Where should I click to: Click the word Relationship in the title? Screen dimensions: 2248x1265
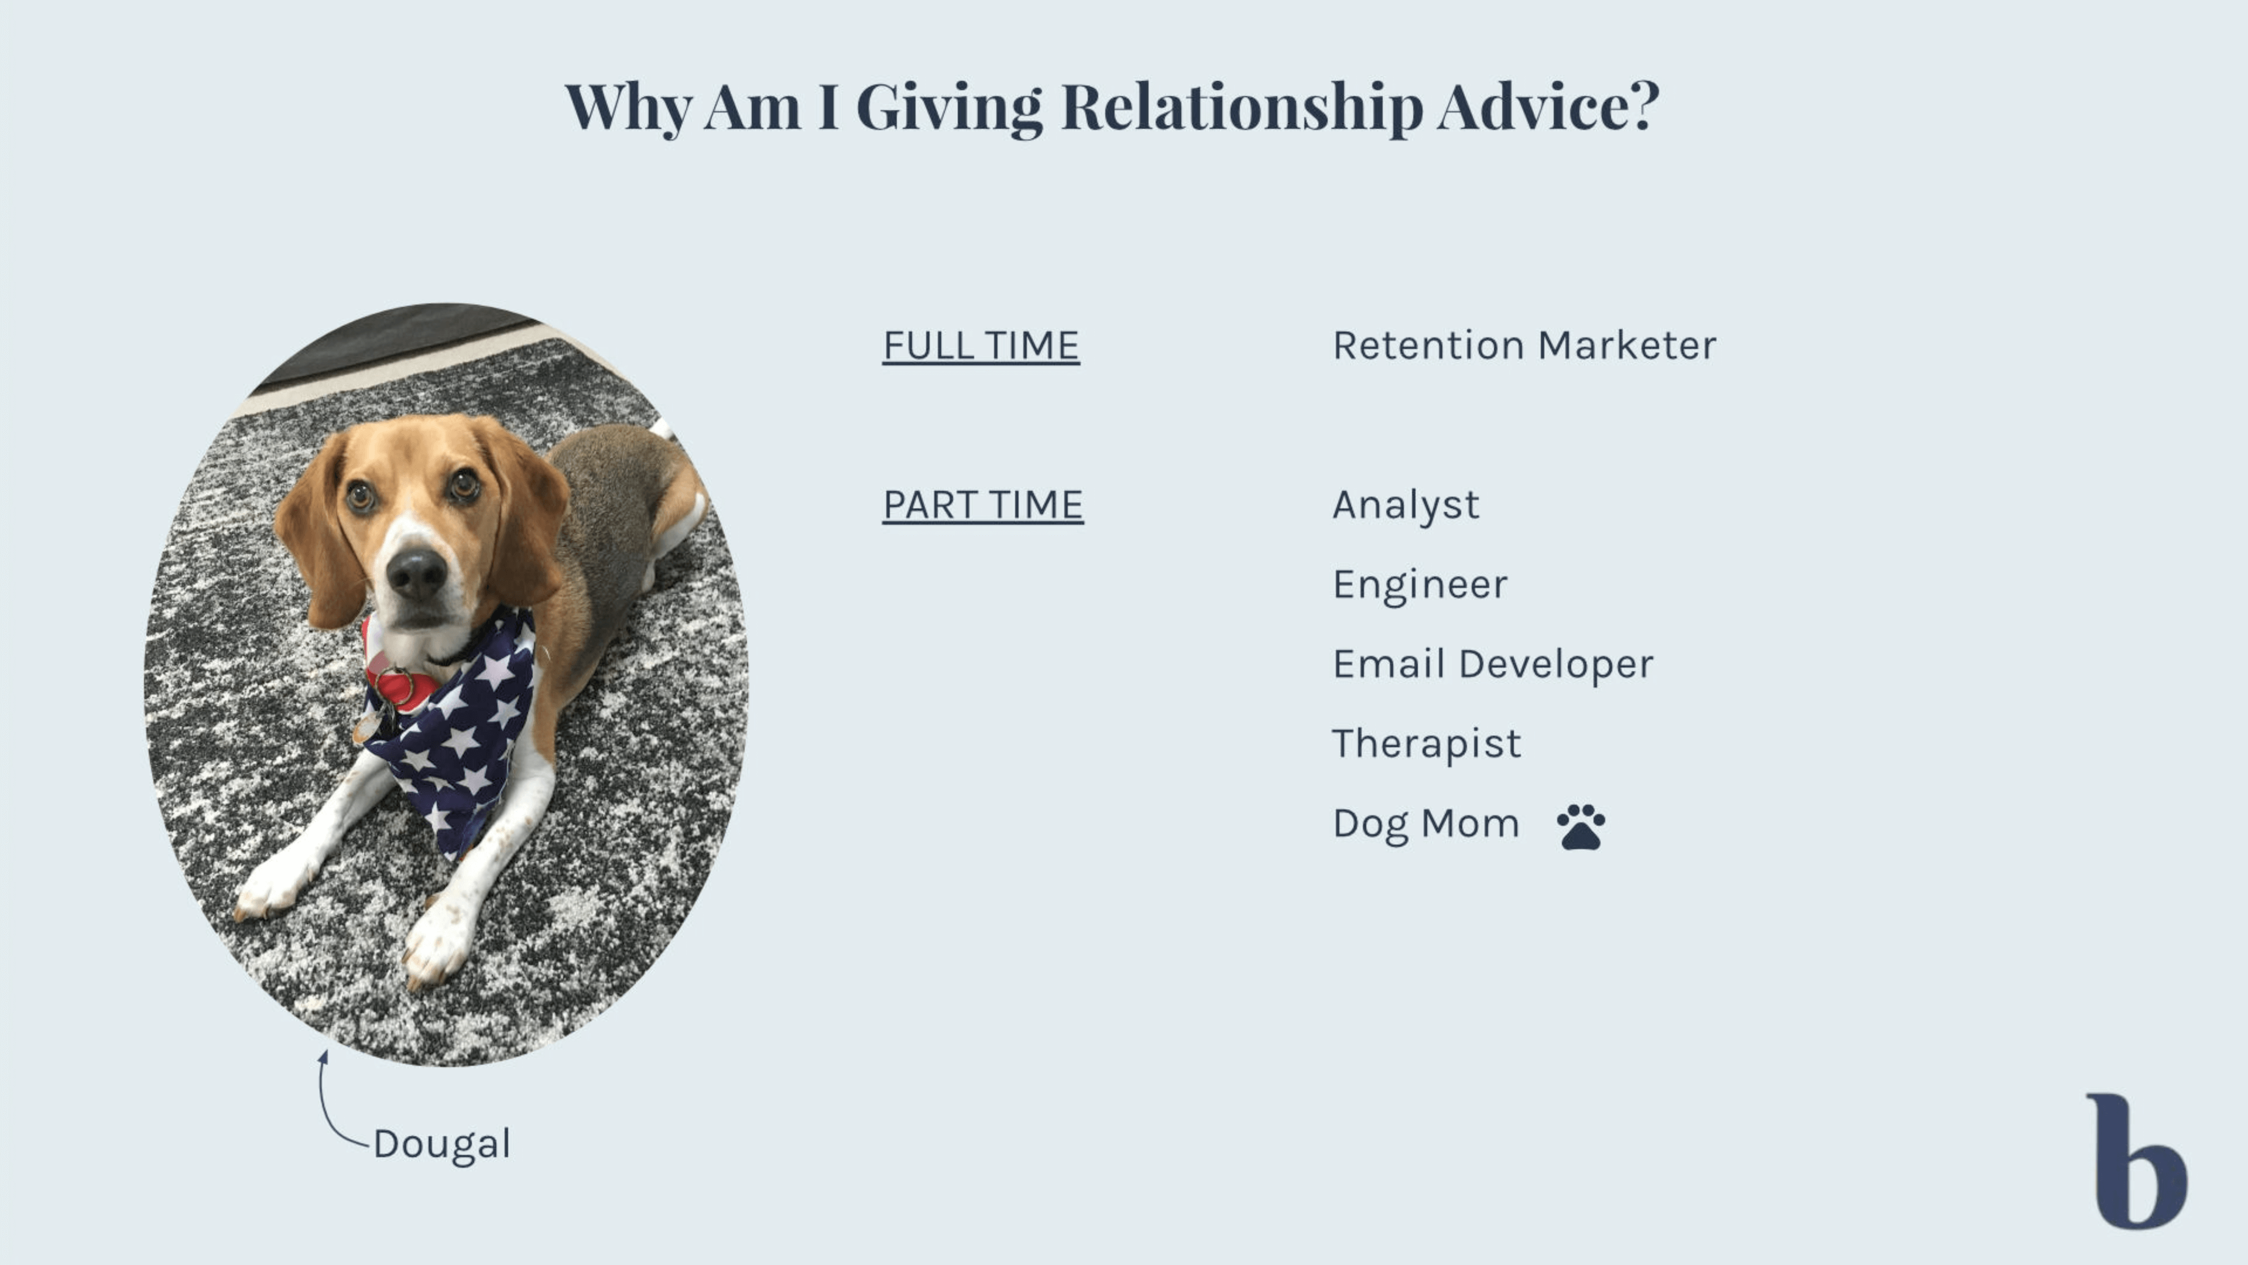(1241, 107)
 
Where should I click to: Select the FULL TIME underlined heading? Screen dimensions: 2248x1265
(981, 346)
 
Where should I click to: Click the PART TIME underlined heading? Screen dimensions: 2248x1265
(983, 505)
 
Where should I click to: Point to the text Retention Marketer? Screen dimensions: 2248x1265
(1524, 345)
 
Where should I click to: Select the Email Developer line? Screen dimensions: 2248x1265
(1492, 664)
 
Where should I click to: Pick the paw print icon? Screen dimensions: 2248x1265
(1581, 827)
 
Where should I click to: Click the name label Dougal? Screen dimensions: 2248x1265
(441, 1144)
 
